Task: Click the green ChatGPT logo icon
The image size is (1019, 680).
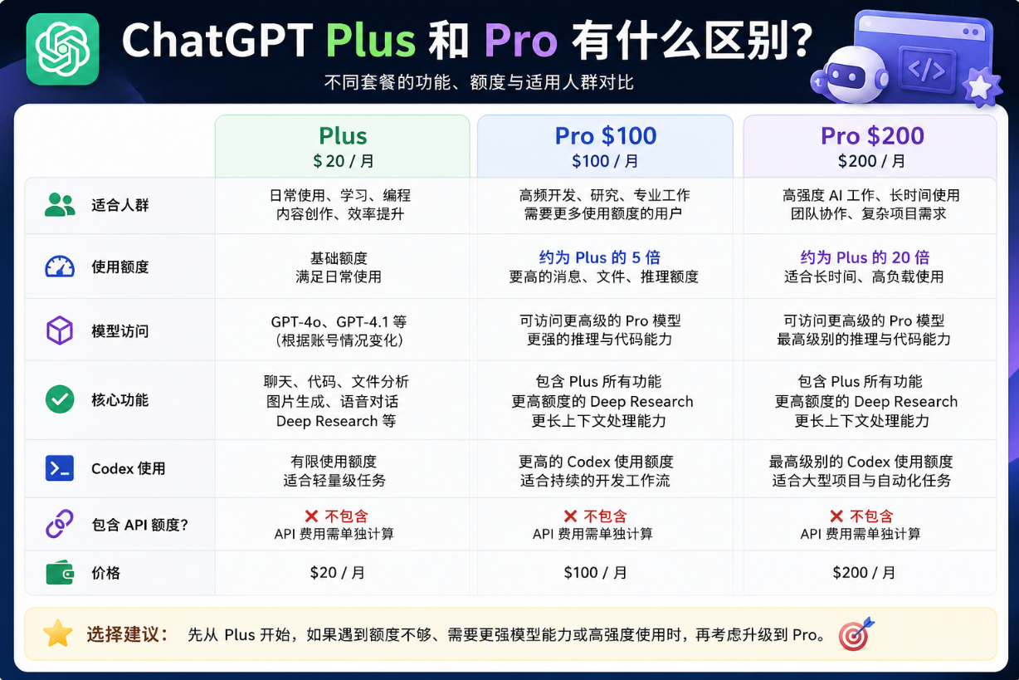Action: tap(62, 49)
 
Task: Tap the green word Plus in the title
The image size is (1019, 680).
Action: tap(370, 41)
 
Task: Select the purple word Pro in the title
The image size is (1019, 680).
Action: tap(520, 41)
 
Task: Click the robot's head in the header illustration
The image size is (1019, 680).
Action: tap(850, 74)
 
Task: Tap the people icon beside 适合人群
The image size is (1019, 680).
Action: tap(60, 205)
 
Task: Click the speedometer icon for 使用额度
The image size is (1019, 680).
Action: tap(60, 267)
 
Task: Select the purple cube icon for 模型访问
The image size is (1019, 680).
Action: tap(60, 330)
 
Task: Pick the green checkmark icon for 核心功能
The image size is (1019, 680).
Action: tap(60, 399)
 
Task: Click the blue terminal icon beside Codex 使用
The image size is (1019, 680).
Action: tap(60, 468)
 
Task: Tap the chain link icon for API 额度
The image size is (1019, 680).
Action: tap(60, 524)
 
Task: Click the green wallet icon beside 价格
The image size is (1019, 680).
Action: tap(60, 572)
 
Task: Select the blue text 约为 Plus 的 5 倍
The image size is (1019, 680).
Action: tap(600, 257)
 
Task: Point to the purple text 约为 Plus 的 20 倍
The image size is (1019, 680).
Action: tap(865, 257)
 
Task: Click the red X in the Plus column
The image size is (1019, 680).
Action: tap(312, 516)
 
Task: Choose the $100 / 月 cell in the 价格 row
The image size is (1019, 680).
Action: tap(595, 573)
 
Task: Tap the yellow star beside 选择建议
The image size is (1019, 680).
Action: tap(58, 634)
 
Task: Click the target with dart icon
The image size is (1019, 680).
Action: tap(856, 634)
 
